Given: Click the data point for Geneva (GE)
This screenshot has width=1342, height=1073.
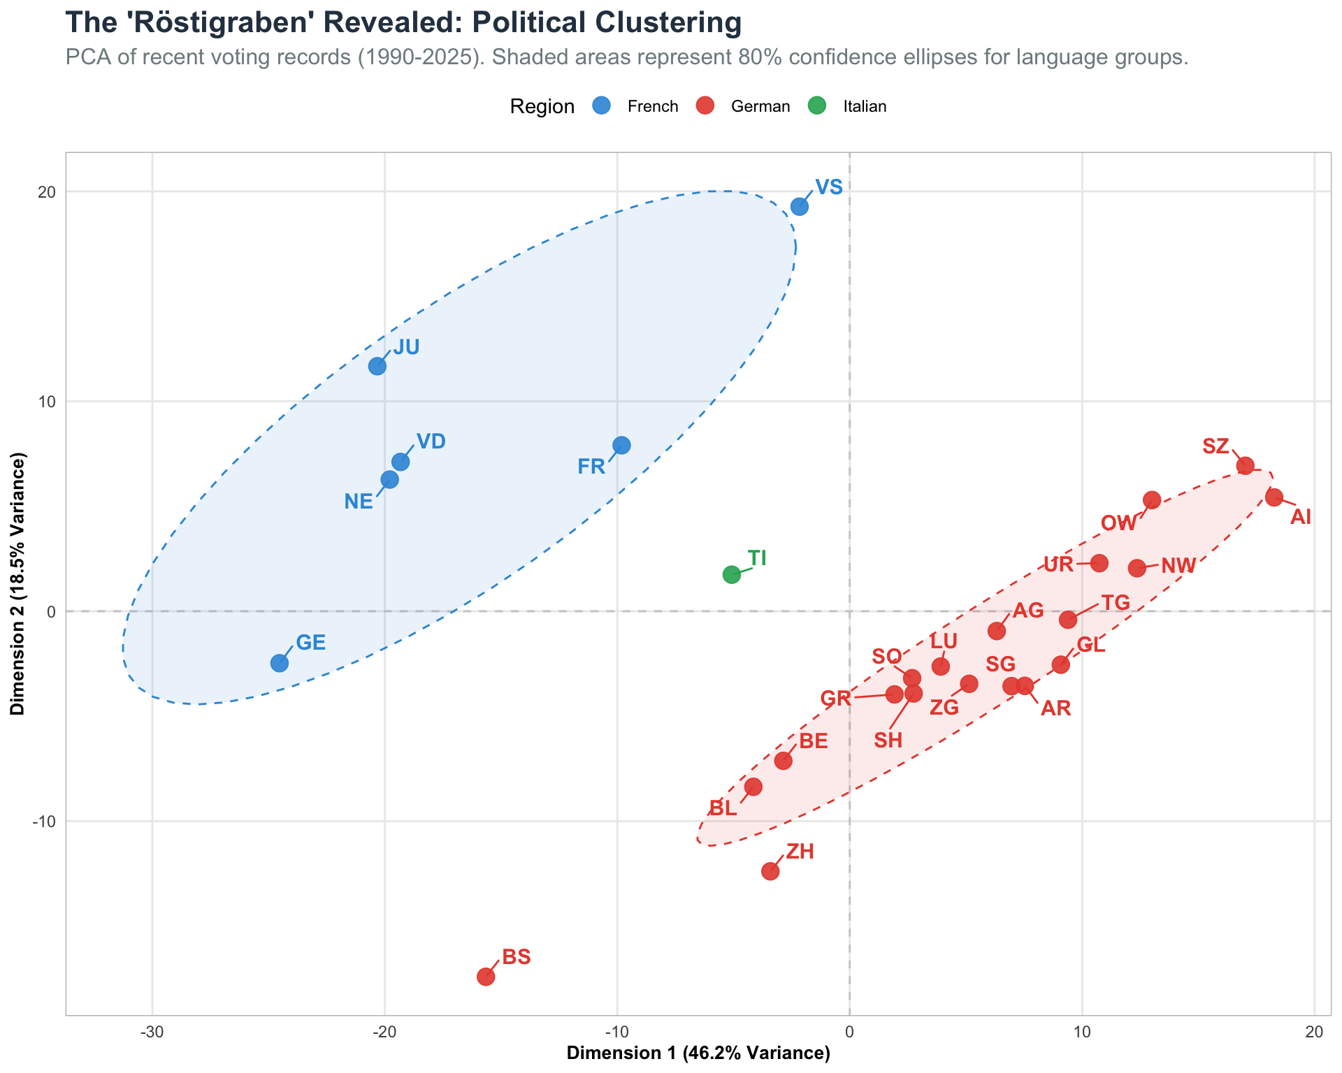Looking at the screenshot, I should (x=280, y=663).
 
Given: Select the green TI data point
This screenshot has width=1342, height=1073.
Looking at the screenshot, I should (x=732, y=574).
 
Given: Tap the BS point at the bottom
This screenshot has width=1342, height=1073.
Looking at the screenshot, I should (x=486, y=977).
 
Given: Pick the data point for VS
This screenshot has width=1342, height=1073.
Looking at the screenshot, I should (x=800, y=206).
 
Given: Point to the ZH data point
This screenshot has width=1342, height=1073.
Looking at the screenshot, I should (x=770, y=871).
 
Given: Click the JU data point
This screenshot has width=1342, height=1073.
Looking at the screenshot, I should (x=377, y=366).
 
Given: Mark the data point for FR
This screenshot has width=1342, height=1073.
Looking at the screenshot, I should (x=621, y=445).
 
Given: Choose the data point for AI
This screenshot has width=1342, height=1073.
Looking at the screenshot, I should (x=1274, y=497).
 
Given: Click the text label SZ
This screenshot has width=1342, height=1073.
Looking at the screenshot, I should (x=1215, y=446).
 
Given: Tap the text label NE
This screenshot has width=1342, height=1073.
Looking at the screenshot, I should (x=359, y=502).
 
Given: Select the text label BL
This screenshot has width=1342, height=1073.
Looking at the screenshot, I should (x=723, y=809).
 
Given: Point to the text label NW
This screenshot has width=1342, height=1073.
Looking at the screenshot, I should (x=1178, y=566).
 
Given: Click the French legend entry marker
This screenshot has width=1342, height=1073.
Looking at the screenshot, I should (x=601, y=106).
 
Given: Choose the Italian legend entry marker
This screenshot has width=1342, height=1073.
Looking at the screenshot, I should (x=816, y=106).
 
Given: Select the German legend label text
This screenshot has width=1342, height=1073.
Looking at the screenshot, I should (x=760, y=107).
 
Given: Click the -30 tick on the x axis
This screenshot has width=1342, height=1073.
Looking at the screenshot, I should (x=152, y=1032).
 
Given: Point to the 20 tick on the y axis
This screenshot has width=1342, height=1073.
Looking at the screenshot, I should (x=47, y=192).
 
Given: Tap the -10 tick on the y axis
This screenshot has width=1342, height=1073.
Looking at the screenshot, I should (x=43, y=822).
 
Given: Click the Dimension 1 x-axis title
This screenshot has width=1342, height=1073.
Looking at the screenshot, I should (x=698, y=1054).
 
